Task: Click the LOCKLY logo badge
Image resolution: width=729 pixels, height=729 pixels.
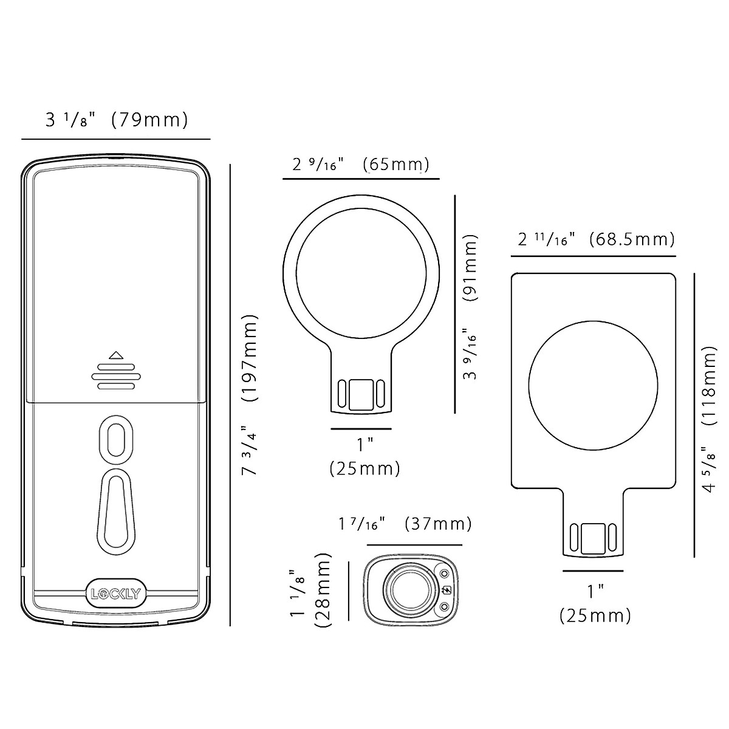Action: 116,594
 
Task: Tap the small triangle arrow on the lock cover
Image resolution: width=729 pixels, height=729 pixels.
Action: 116,355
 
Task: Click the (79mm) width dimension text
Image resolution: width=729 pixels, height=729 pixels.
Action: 150,120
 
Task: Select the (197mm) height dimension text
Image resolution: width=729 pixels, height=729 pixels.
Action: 250,357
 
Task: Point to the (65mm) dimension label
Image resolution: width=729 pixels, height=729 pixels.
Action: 396,165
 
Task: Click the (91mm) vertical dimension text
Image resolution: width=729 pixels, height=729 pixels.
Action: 470,267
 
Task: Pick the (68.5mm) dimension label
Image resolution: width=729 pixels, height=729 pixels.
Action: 632,239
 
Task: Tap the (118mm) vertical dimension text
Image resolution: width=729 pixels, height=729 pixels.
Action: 709,386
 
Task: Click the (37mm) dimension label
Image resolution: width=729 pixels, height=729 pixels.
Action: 438,524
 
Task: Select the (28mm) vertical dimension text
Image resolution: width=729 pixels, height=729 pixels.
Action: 323,590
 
